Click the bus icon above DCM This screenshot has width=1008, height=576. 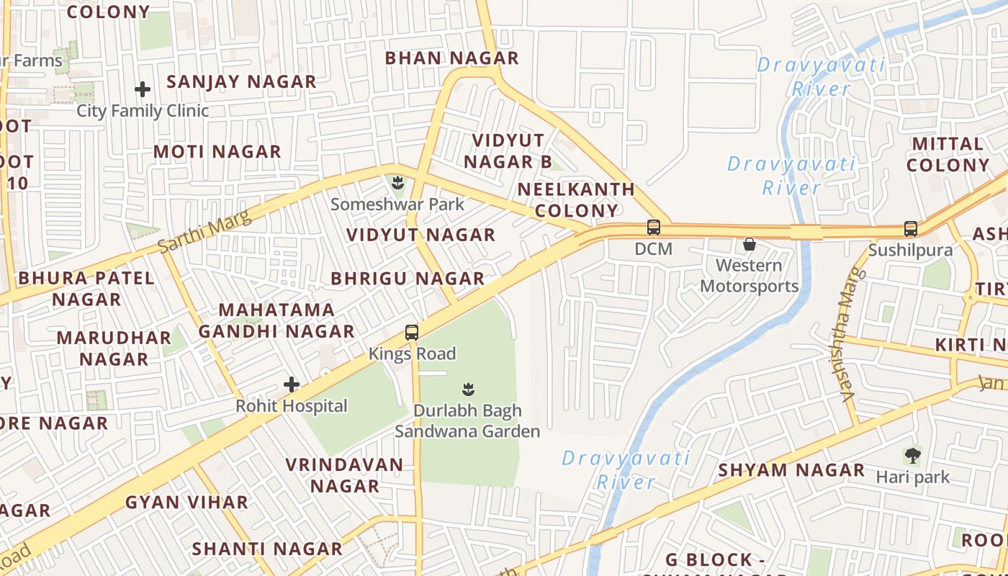coord(654,228)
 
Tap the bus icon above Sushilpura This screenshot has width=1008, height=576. coord(910,229)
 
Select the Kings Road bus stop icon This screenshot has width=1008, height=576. coord(412,333)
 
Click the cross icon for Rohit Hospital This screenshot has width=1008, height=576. coord(292,384)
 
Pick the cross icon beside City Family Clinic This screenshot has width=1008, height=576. coord(143,90)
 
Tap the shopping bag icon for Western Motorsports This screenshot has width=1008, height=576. coord(750,244)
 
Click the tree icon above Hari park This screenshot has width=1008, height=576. coord(912,455)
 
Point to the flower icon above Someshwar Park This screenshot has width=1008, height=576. coord(397,183)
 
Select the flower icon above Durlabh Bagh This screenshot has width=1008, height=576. coord(468,390)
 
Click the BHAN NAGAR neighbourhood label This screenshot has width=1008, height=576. coord(451,58)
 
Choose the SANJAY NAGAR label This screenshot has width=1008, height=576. coord(241,82)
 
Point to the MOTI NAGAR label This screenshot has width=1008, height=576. coord(217,152)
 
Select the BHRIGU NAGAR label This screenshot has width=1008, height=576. coord(408,279)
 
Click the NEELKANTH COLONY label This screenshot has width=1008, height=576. coord(576,200)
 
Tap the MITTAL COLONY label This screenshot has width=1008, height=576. coord(948,154)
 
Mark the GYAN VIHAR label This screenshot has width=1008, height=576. coord(186,503)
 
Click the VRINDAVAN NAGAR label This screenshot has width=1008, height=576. coord(345,475)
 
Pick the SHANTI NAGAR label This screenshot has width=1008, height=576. coord(267,549)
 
